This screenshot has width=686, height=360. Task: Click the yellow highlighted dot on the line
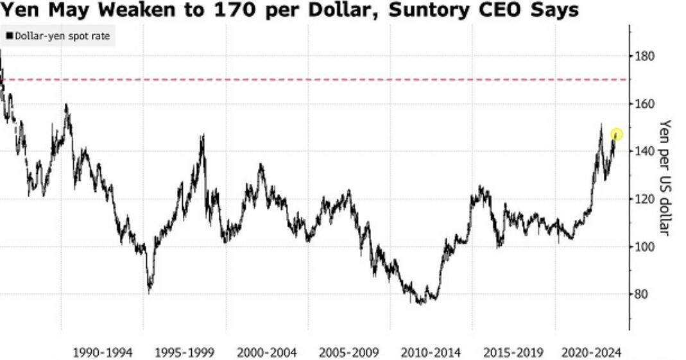tap(616, 135)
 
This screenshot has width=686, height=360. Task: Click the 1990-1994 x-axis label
tap(103, 352)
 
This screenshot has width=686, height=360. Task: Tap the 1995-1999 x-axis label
tap(185, 352)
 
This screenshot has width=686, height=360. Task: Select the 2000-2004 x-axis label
tap(267, 352)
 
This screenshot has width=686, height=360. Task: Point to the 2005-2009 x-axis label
tap(349, 352)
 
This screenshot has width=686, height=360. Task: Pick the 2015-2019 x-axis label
tap(513, 352)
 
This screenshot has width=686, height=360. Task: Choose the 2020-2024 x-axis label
tap(591, 352)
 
